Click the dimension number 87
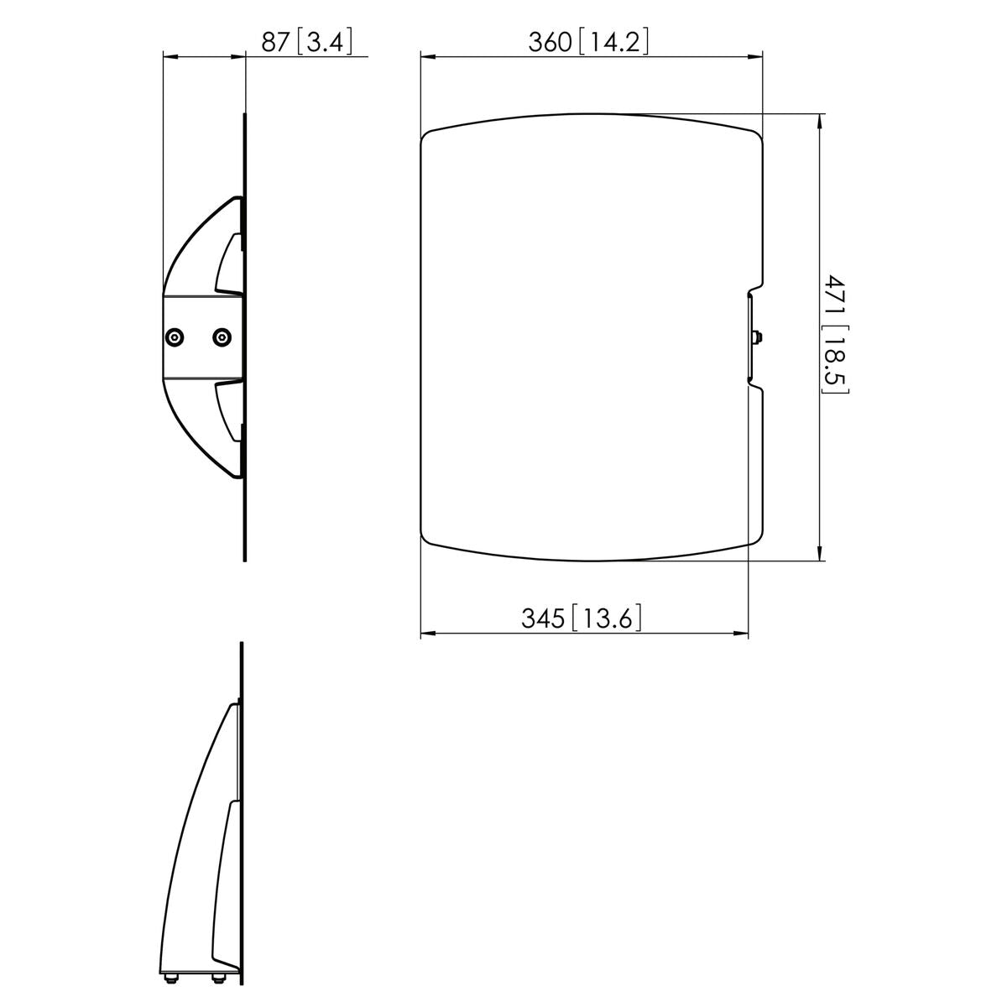(x=275, y=42)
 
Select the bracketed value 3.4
(x=324, y=42)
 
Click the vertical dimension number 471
(x=833, y=298)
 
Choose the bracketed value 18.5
(x=833, y=363)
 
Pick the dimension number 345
(x=544, y=619)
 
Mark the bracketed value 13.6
(x=608, y=619)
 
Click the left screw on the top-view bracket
(x=173, y=337)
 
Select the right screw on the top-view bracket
(x=221, y=337)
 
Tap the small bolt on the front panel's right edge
(x=758, y=338)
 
